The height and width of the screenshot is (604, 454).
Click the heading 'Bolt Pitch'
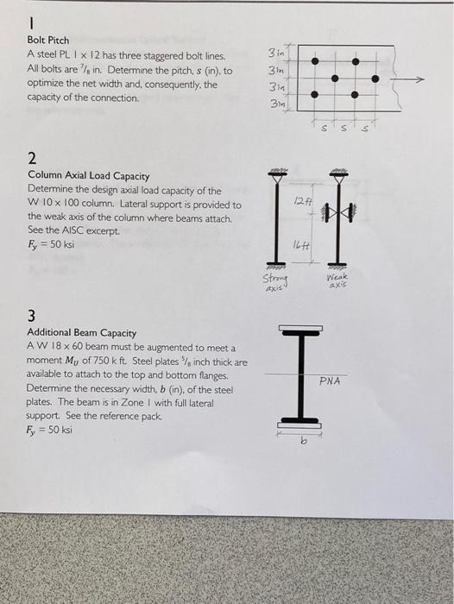[x=48, y=40]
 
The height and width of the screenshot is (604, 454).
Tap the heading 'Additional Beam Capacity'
[x=81, y=332]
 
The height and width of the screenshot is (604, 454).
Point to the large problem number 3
[x=32, y=315]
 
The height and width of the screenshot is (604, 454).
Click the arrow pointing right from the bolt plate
[x=413, y=79]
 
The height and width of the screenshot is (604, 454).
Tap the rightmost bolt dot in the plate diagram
[x=375, y=79]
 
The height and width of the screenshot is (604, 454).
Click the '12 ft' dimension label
[x=300, y=202]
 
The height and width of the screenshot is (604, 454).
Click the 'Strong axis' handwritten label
[x=275, y=282]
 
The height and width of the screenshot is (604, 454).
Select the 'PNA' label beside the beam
[x=331, y=381]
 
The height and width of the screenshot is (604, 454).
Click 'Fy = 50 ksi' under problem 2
[x=50, y=244]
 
